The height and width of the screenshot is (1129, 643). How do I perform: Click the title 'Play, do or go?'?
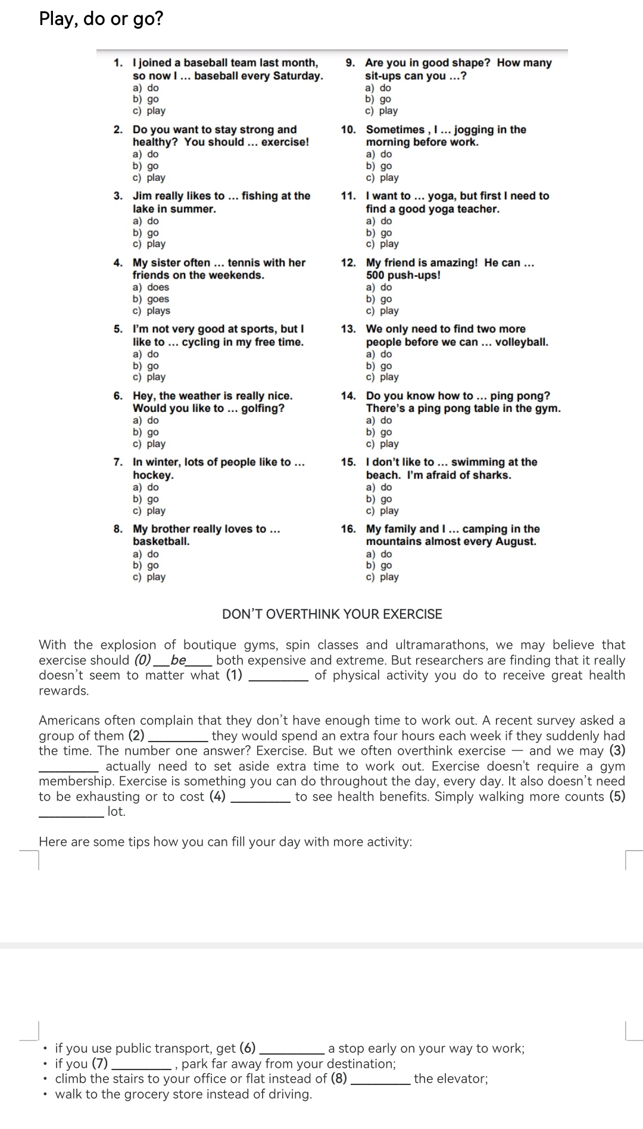click(101, 19)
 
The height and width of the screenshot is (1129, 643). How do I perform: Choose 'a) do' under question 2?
click(146, 154)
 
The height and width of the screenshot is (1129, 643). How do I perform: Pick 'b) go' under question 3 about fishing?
click(146, 233)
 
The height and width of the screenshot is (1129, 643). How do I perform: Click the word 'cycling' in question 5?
click(201, 342)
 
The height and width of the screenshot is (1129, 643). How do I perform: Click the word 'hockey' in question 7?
click(152, 475)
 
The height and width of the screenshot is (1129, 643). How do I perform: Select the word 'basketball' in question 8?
click(160, 542)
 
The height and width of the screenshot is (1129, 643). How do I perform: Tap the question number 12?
click(348, 262)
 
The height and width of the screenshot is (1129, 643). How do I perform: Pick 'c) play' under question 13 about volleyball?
click(382, 377)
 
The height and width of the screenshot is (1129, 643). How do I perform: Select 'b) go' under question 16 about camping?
click(379, 565)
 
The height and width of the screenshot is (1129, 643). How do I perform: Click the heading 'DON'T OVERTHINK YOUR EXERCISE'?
click(332, 614)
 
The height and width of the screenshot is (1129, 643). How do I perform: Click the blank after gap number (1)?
click(278, 675)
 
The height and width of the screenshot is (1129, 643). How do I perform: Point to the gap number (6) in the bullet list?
click(247, 1048)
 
